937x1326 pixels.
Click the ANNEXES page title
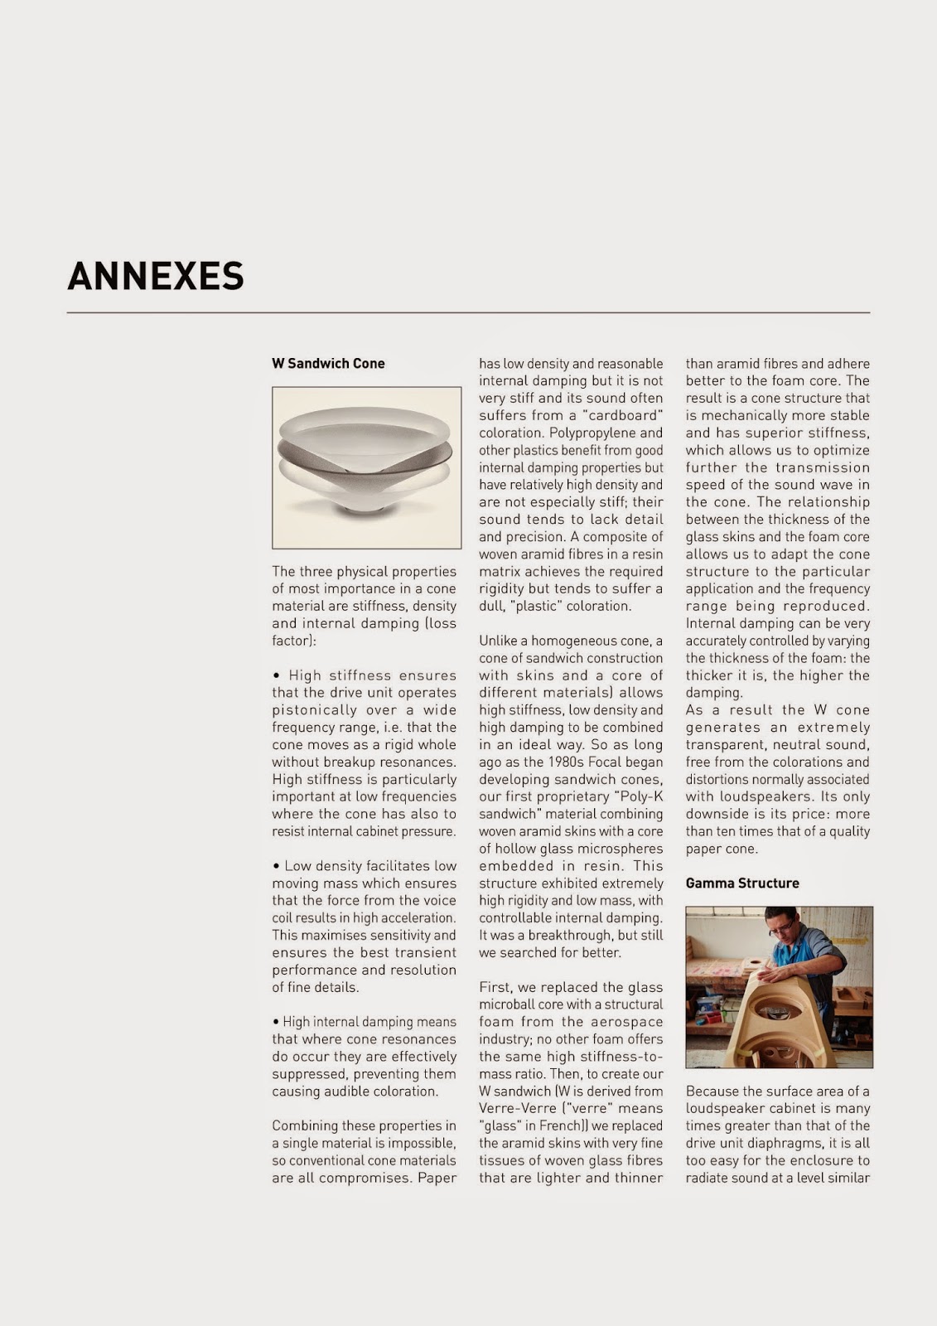pos(156,277)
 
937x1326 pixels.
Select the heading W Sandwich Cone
pos(328,363)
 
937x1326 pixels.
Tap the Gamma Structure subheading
pos(742,883)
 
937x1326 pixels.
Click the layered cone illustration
pos(366,467)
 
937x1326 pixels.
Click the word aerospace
pos(627,1022)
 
